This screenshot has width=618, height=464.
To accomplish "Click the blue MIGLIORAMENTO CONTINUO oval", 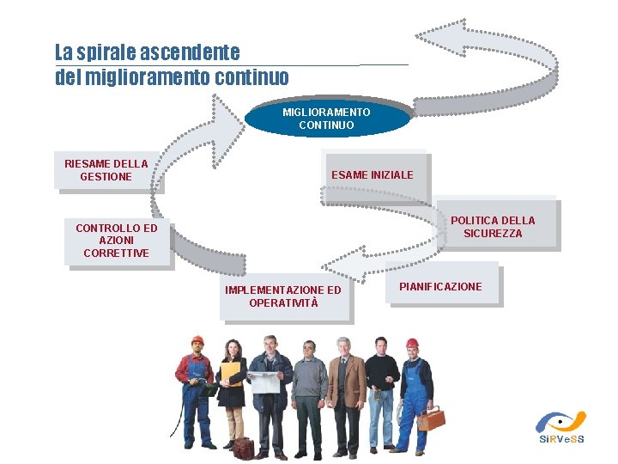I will (x=326, y=119).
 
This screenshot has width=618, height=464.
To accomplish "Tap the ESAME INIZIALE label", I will (x=373, y=175).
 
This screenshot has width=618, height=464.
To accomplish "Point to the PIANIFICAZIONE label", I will (x=440, y=286).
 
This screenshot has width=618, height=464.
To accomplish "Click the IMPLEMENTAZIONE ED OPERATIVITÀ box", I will (x=282, y=296).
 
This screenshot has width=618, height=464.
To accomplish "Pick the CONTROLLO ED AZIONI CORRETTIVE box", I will (x=117, y=241).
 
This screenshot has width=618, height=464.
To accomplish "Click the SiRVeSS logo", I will (x=560, y=427).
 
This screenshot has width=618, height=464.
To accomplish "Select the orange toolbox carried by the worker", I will (x=431, y=418).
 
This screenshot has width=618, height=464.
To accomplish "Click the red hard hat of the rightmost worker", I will (x=412, y=344).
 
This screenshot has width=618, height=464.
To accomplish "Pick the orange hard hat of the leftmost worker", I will (x=197, y=340).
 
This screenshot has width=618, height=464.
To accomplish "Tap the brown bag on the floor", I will (x=243, y=448).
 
